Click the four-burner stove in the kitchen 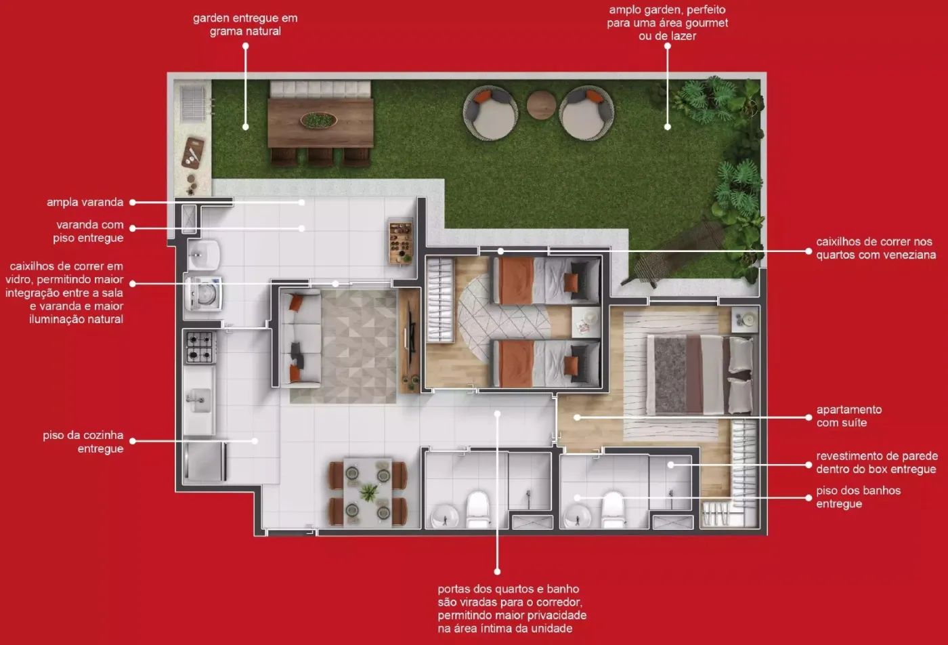200,347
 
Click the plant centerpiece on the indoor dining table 368,493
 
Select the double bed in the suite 701,375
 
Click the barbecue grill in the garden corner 194,103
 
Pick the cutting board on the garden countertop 193,152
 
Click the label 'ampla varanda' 85,202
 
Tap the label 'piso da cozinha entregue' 83,442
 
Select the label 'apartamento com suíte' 849,416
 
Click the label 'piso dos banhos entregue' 859,497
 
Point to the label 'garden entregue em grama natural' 245,24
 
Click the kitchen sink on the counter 198,400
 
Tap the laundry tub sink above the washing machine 203,255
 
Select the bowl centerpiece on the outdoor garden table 318,120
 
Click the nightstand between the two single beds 586,322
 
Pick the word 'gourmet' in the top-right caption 704,22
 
